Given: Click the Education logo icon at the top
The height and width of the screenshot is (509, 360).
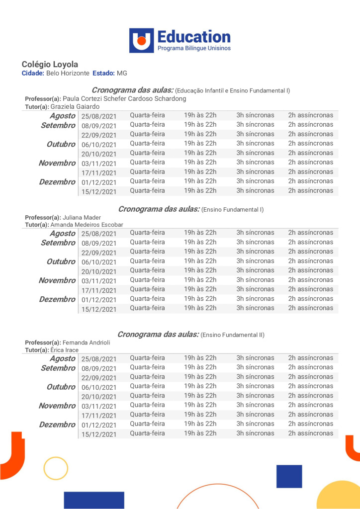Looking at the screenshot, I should point(142,40).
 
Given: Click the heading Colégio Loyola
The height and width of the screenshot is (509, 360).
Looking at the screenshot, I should point(50,65).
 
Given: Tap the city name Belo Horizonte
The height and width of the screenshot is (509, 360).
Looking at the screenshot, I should point(68,73).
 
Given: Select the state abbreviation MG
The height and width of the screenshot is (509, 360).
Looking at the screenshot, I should point(122,73).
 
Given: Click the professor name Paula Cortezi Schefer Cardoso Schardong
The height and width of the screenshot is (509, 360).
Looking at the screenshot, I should point(124,98).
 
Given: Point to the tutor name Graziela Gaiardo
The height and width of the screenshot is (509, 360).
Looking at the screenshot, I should point(75,106).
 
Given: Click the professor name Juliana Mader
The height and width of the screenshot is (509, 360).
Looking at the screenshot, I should point(82,217).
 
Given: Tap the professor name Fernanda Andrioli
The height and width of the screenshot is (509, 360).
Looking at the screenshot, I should point(87,342).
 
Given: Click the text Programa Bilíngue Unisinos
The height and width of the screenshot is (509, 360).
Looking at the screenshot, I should point(194,48).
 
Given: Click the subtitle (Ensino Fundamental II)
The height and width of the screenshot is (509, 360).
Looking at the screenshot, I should point(233,335).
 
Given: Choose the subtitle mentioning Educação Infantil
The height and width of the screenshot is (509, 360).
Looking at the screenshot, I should point(233,90).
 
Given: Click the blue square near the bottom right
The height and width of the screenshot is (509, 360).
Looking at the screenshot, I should point(289,476).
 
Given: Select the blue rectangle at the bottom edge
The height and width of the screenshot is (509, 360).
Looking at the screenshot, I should point(94,500).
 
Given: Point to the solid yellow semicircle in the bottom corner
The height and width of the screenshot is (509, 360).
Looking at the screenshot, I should point(341,497).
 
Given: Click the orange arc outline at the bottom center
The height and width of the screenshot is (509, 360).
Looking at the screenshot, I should point(217,495).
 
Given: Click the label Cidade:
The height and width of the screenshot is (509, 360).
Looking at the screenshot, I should point(33,73).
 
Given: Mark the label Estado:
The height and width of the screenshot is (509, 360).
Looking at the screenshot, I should point(103,73).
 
